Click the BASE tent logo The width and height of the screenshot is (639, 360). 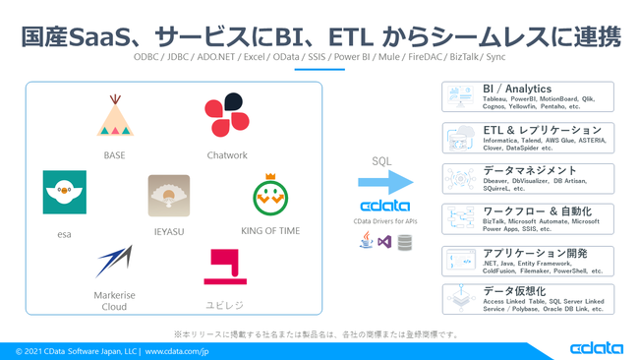point(114,117)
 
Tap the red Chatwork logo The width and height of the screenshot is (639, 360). point(226,116)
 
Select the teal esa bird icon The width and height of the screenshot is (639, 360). point(64,192)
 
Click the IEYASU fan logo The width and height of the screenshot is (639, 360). point(168,195)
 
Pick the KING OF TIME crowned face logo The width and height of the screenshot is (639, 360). point(269,196)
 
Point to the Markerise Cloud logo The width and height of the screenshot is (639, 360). point(114,263)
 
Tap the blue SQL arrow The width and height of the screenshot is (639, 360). point(384,182)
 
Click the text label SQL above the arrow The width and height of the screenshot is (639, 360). point(381,160)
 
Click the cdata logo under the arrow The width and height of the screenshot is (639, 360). point(384,207)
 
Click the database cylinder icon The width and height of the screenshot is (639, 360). point(405,241)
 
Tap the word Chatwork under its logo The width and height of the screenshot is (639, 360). point(227,155)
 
